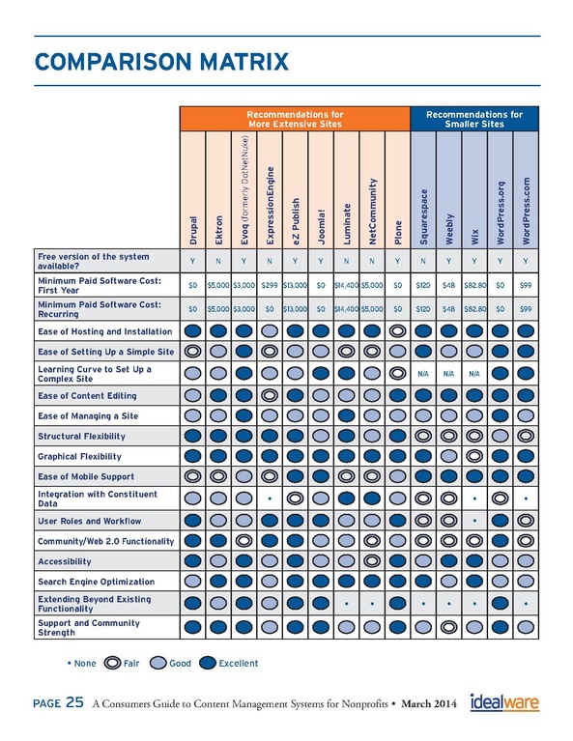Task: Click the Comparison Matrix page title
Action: [x=161, y=62]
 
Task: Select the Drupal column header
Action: [x=193, y=231]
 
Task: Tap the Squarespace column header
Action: [x=423, y=217]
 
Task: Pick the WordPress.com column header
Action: [x=526, y=211]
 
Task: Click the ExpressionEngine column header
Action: [x=270, y=206]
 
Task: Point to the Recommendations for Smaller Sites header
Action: [x=474, y=119]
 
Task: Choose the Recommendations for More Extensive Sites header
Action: [x=295, y=119]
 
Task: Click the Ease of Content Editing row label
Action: [x=87, y=396]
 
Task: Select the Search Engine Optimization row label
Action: [x=96, y=582]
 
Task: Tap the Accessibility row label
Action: [x=65, y=561]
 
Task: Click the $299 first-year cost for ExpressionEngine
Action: [x=270, y=285]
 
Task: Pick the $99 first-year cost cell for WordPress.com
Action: [x=526, y=285]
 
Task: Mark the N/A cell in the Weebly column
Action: [x=448, y=373]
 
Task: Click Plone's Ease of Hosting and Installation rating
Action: [x=397, y=330]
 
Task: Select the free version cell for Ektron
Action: [x=218, y=261]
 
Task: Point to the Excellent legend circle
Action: [x=208, y=663]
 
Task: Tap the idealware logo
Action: [x=504, y=702]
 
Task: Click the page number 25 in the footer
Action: [x=74, y=702]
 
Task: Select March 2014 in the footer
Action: [x=429, y=704]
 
